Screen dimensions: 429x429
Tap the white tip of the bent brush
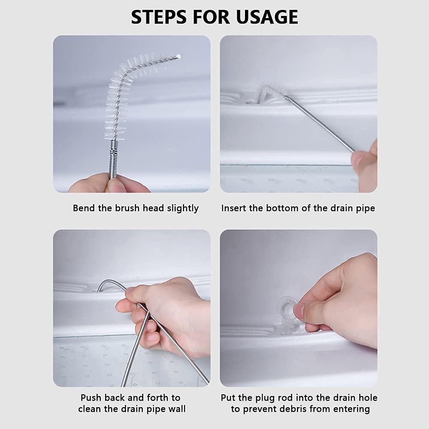tap(179, 57)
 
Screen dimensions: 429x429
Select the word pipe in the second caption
tap(365, 208)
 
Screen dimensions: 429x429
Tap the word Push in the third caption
tap(91, 398)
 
